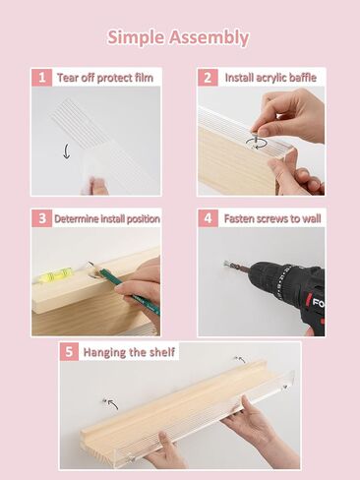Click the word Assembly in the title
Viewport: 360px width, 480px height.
(210, 37)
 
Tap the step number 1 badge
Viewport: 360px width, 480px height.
(42, 78)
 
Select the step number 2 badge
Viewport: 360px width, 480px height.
(208, 78)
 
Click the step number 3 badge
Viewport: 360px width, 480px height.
(42, 218)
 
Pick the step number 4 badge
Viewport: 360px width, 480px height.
(208, 218)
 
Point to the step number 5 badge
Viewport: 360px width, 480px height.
(69, 352)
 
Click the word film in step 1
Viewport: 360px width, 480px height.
(144, 78)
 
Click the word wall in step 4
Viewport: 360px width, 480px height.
(311, 218)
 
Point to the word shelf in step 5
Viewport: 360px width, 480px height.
(162, 352)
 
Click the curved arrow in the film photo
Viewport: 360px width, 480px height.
(66, 151)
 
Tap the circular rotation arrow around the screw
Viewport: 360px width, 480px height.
(257, 143)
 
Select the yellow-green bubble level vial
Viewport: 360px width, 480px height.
(56, 275)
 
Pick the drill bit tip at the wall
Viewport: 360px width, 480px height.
(226, 263)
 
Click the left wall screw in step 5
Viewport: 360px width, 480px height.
(104, 401)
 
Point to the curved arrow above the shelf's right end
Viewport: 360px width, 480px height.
(241, 360)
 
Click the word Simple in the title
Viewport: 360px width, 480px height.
(136, 37)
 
